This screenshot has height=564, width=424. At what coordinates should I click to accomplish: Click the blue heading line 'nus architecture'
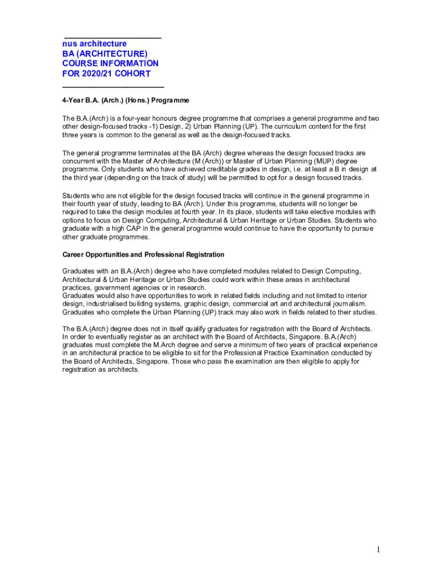click(x=94, y=44)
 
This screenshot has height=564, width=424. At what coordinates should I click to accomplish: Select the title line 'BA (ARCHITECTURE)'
click(x=105, y=53)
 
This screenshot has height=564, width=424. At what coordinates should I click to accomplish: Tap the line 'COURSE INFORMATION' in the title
click(x=110, y=63)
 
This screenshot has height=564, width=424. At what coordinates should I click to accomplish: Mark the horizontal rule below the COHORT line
click(x=113, y=87)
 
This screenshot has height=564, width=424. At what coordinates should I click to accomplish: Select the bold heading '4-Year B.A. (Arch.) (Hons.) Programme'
click(x=126, y=101)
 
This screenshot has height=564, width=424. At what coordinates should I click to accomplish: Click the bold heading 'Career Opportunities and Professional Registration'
click(x=143, y=255)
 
